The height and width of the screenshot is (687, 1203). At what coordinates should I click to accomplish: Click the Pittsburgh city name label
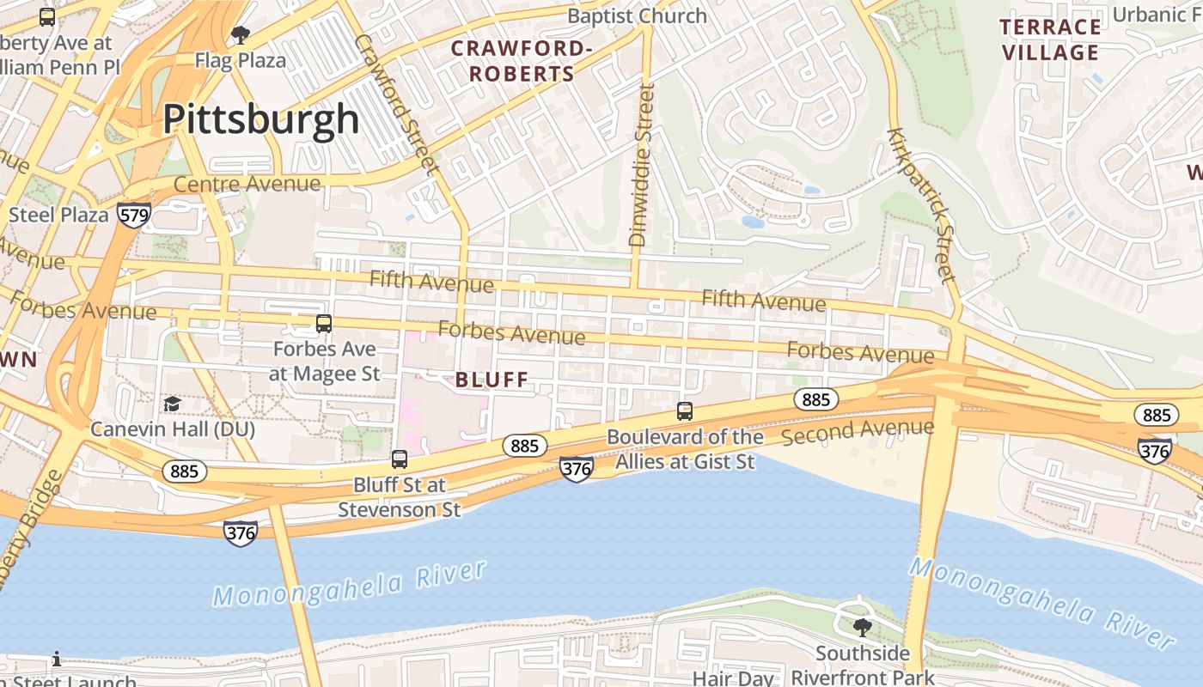(261, 119)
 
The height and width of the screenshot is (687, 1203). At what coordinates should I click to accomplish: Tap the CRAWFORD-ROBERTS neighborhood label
(521, 61)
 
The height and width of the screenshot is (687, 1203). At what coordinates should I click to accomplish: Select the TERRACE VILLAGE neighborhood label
(1050, 40)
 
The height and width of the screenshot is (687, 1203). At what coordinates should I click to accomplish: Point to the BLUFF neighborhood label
(492, 380)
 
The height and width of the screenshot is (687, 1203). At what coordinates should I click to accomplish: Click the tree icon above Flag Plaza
(241, 35)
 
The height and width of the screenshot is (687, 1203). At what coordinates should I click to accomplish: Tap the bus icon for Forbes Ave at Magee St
(324, 324)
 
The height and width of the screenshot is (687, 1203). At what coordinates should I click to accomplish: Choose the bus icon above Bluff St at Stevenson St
(400, 459)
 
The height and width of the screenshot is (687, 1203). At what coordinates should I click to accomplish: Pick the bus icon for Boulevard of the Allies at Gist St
(685, 411)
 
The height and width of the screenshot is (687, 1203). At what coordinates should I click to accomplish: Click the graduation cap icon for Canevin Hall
(173, 404)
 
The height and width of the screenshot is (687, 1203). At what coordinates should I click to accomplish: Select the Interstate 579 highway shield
(135, 215)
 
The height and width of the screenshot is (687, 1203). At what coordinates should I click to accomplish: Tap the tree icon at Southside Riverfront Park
(862, 628)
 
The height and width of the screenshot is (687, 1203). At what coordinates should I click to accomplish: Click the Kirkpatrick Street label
(921, 205)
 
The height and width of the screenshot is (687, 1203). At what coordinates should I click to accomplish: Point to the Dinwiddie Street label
(642, 165)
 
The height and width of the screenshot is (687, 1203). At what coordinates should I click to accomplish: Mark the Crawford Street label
(396, 101)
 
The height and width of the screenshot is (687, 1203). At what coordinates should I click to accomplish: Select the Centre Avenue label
(247, 184)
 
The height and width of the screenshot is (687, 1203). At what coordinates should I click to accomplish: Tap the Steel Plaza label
(58, 214)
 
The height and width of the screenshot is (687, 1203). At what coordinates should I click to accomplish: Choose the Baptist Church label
(637, 16)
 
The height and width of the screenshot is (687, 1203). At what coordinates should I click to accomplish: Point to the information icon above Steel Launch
(57, 659)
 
